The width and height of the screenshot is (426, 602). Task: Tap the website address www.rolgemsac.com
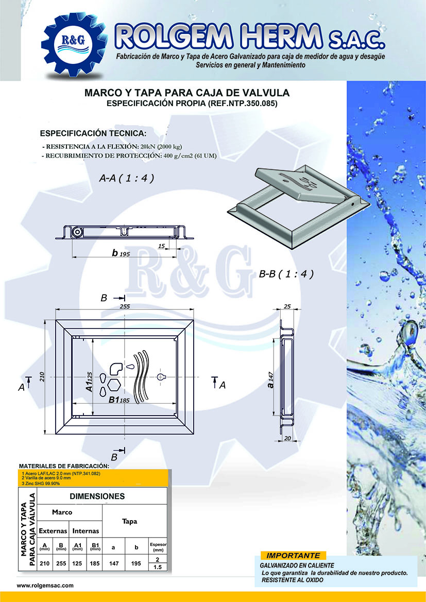coord(45,586)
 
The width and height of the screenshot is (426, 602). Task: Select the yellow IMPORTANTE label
coord(293,556)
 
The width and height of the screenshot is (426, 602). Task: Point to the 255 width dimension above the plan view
coord(125,306)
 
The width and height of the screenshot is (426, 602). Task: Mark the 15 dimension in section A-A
coord(162,247)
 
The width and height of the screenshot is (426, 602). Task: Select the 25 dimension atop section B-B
coord(287,307)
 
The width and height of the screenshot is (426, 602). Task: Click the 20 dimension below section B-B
coord(287,438)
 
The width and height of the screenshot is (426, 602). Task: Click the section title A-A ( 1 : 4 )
coord(127,178)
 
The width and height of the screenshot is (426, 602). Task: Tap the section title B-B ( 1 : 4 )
coord(286,274)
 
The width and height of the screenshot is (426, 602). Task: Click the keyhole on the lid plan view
coord(162,376)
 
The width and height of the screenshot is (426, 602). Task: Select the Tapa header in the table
coord(129,521)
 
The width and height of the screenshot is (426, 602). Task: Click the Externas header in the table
coord(53,530)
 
